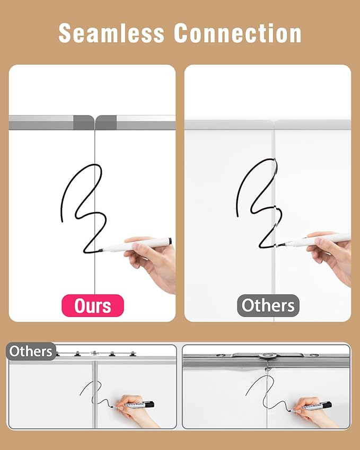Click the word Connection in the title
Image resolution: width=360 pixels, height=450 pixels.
(239, 33)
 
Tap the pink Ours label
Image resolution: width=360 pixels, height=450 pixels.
(93, 306)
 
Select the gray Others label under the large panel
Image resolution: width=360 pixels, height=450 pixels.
(268, 306)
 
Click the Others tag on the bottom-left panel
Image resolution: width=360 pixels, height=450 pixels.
(31, 351)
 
